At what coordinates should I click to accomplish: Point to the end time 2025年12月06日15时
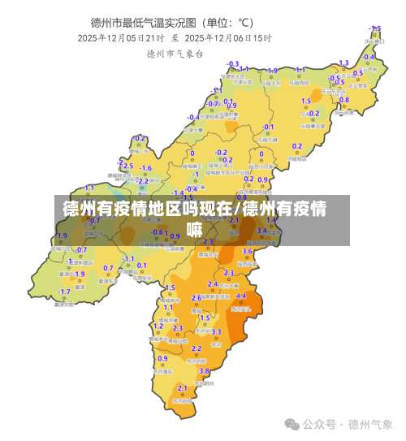[x=228, y=37]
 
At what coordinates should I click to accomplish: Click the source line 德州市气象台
[x=175, y=54]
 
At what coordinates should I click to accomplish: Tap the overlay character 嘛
[x=195, y=230]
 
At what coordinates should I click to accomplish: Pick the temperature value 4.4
[x=240, y=296]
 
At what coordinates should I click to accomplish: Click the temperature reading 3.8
[x=204, y=370]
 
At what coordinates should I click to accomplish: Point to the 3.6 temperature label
[x=248, y=252]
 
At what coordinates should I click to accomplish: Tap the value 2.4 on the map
[x=213, y=283]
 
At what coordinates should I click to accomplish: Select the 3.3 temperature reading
[x=216, y=331]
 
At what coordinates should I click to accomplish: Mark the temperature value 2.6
[x=196, y=298]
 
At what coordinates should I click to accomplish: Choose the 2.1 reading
[x=182, y=387]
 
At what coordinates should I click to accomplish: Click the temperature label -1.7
[x=64, y=292]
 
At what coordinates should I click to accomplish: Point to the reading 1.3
[x=343, y=63]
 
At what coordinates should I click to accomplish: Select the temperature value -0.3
[x=233, y=63]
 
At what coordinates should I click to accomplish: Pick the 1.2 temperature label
[x=158, y=326]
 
